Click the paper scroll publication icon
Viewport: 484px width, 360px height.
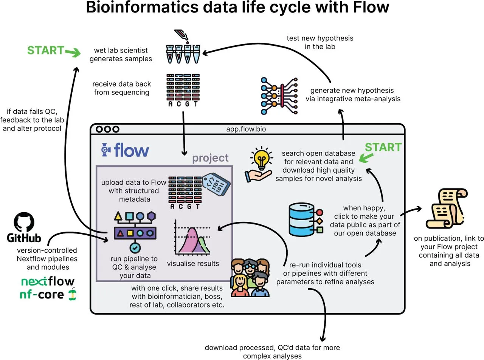tap(446, 209)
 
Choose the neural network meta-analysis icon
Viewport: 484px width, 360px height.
tap(279, 96)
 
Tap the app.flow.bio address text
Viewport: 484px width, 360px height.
tap(246, 129)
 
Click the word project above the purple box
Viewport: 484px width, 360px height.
tap(210, 158)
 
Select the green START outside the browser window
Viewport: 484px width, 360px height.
tap(46, 50)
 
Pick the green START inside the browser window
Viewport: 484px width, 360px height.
tap(383, 147)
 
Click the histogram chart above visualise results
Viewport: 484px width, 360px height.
tap(192, 238)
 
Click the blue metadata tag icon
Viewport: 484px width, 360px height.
tap(216, 184)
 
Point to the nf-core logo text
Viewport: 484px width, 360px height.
tap(42, 294)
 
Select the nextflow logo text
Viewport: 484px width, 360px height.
tap(48, 281)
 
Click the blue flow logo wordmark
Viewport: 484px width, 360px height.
tap(131, 150)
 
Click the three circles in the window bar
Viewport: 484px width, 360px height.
tap(107, 129)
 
